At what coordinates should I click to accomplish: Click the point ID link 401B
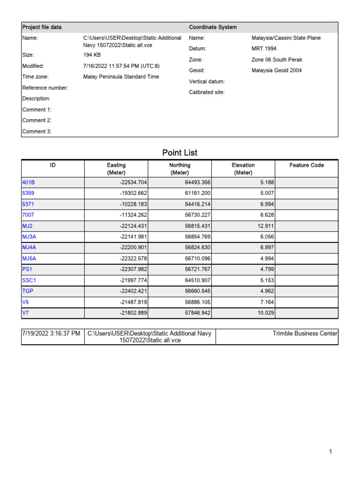click(x=28, y=182)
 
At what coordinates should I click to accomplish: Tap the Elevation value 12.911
click(x=264, y=225)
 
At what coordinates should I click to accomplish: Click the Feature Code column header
click(x=307, y=165)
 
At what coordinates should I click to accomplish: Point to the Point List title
click(x=180, y=152)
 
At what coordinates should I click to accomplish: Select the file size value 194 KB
click(x=92, y=55)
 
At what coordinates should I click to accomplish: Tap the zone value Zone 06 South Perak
click(x=277, y=60)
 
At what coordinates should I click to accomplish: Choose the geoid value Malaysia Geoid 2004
click(x=277, y=70)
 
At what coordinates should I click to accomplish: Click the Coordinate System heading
click(x=213, y=27)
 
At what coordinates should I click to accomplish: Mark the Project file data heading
click(x=42, y=27)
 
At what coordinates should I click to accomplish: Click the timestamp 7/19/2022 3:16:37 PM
click(x=51, y=333)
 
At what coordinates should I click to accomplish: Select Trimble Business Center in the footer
click(x=305, y=333)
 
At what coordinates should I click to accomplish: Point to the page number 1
click(x=330, y=452)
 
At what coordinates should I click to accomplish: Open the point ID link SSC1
click(x=29, y=280)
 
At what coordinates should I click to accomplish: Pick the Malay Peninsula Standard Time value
click(x=121, y=76)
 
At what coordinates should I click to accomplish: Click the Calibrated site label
click(x=207, y=92)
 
